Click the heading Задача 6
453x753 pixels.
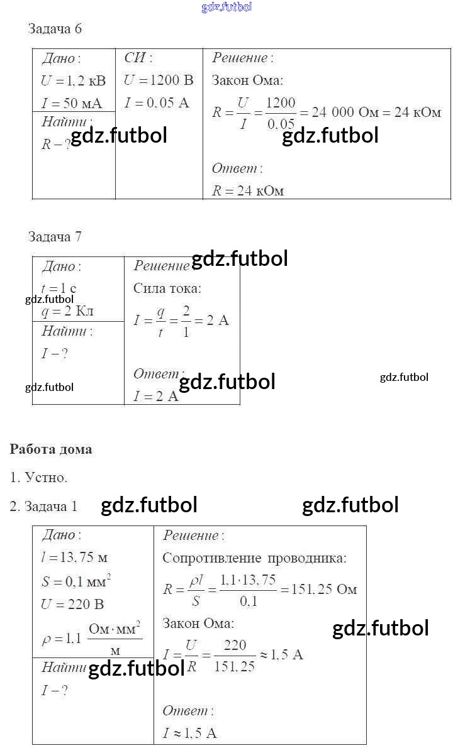55,29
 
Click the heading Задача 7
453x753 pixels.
55,237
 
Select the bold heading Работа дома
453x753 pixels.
51,449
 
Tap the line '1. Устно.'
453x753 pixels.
38,478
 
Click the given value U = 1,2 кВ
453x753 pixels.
73,81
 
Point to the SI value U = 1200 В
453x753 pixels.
159,81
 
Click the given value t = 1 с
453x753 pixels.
59,289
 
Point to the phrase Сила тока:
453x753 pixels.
167,289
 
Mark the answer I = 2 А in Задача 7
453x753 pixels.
156,397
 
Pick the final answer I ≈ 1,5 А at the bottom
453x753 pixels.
189,734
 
